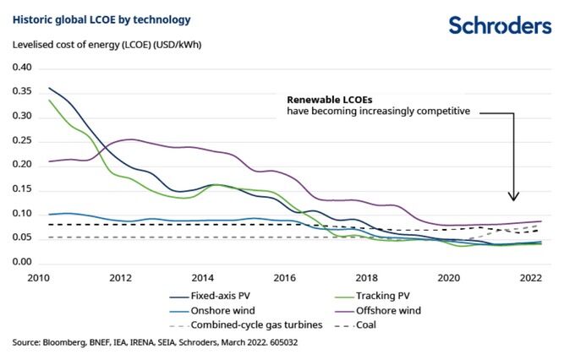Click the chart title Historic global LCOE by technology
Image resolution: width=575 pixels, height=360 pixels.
[101, 19]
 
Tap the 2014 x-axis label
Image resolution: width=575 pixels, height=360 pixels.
[202, 277]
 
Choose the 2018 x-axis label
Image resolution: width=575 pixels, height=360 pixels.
[366, 277]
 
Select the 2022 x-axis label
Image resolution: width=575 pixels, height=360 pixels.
[530, 277]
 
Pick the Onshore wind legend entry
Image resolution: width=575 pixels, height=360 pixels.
[222, 310]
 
